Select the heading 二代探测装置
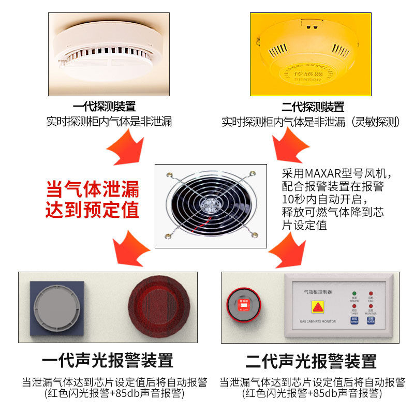[313, 107]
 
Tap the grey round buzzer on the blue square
[57, 308]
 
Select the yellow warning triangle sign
[317, 307]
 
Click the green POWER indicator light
[354, 294]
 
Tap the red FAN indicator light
[371, 294]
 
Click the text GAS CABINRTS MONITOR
[318, 321]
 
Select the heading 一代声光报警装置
[107, 360]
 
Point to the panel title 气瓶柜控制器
[318, 292]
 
